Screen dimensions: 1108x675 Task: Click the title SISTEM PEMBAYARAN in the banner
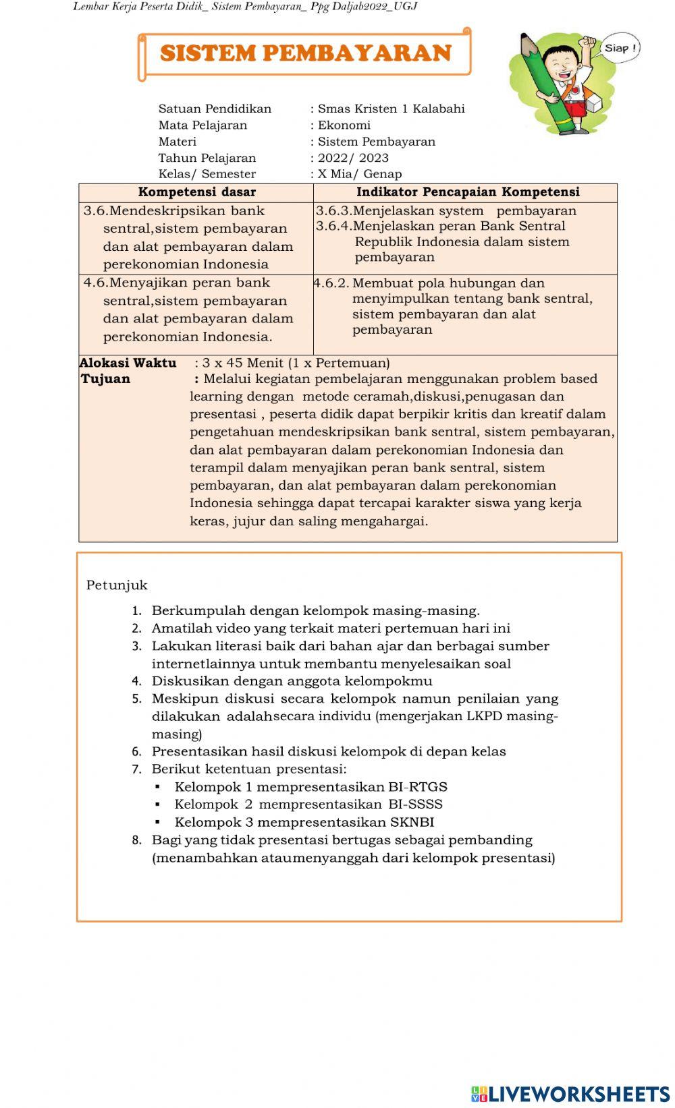coord(305,53)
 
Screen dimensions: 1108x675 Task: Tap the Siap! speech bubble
coord(618,48)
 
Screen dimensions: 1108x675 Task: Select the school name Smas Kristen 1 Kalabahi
coord(391,109)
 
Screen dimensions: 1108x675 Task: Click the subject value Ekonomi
coord(344,125)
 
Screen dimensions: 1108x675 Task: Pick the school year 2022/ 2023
coord(353,158)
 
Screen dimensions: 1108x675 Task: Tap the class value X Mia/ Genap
coord(359,174)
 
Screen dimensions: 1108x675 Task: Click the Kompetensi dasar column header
coord(196,192)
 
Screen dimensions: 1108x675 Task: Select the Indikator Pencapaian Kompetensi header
coord(468,192)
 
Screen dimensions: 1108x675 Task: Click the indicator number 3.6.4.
coord(333,226)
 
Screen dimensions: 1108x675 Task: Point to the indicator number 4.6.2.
coord(331,283)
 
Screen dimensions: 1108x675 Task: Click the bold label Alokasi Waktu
coord(128,363)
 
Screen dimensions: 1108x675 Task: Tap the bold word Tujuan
coord(105,379)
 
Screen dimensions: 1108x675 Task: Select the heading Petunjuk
coord(117,585)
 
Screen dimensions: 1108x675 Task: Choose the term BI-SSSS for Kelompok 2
coord(415,805)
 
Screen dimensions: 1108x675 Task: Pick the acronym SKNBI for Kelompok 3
coord(412,823)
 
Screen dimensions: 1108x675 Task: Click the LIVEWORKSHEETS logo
coord(570,1093)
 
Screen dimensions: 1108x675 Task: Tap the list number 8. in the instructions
coord(137,840)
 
